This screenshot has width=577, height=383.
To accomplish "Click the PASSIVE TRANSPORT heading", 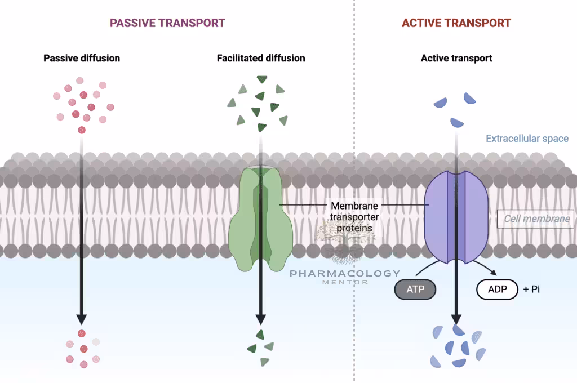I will tap(167, 23).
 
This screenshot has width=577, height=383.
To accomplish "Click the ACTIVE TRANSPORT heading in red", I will tap(456, 23).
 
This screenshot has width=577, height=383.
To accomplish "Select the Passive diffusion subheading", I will tap(82, 58).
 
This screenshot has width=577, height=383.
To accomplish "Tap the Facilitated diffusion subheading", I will tap(261, 58).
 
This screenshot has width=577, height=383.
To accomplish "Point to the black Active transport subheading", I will tap(456, 58).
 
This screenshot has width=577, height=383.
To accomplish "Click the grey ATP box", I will tap(415, 290).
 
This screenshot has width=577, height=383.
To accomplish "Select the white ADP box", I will tap(497, 290).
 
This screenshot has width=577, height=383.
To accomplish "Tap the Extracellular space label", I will tap(527, 139).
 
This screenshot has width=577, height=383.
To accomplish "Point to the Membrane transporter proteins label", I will tap(354, 217).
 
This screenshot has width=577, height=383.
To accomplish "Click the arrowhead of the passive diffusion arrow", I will tap(82, 317).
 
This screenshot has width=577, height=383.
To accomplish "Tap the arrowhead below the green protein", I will tap(261, 317).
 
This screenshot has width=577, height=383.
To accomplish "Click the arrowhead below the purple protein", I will tap(456, 317).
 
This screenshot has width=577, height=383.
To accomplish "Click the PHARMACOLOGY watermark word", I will tap(345, 273).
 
